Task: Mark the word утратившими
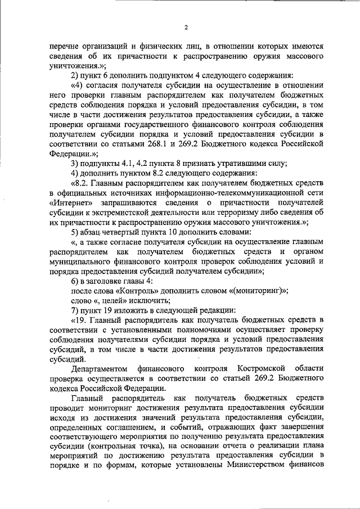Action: [238, 163]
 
